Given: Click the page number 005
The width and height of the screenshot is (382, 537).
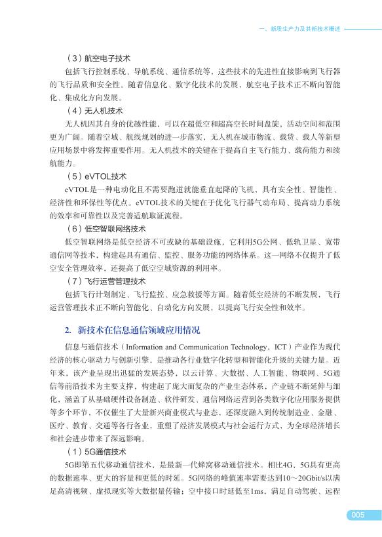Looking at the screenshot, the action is pyautogui.click(x=356, y=515).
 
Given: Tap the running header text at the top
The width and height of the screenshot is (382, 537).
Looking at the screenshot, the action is pyautogui.click(x=300, y=30).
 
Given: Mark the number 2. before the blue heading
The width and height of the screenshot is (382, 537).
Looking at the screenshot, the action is pyautogui.click(x=67, y=329).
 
